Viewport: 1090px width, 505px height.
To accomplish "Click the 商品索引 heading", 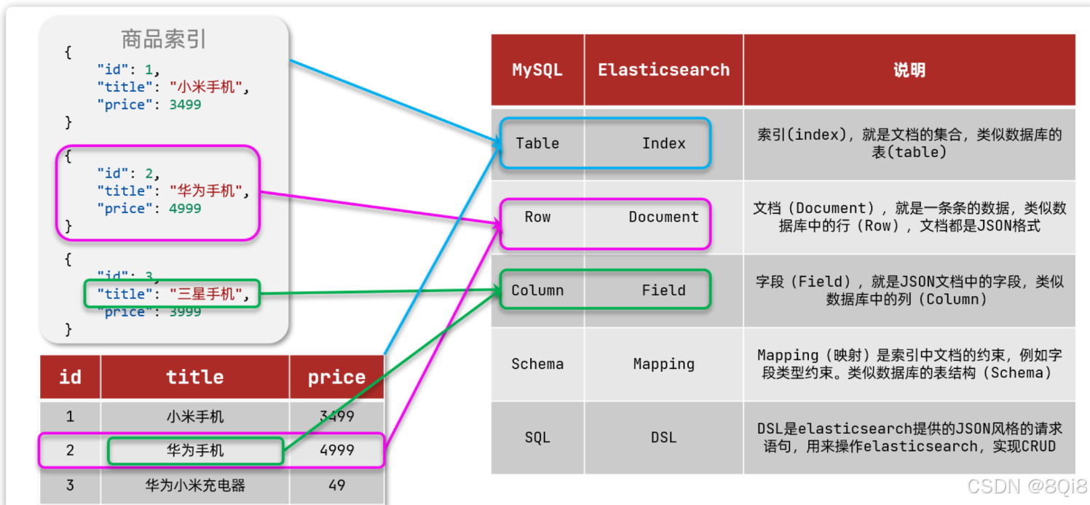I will click(x=164, y=39).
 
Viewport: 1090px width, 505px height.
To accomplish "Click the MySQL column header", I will click(x=537, y=70).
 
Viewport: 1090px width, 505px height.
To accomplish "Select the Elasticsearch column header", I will click(x=663, y=70).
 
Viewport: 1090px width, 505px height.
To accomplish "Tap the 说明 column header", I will click(x=909, y=70).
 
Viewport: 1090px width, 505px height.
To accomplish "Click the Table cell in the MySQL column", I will click(x=537, y=143).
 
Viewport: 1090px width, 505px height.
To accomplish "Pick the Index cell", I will click(x=663, y=143).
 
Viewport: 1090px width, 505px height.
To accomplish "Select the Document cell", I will click(x=663, y=217).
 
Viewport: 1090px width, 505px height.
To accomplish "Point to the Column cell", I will click(x=537, y=290).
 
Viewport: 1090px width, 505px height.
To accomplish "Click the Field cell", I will click(x=663, y=290).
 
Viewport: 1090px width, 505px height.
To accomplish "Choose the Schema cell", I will click(x=537, y=364).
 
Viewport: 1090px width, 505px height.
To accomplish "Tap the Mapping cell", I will click(x=663, y=364).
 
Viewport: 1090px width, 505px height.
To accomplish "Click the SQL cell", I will click(x=537, y=437).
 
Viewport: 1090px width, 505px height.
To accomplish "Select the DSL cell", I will click(x=663, y=437).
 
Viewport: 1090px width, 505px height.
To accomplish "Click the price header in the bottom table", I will click(x=336, y=377).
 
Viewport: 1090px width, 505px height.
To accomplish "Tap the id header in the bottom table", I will click(x=70, y=377).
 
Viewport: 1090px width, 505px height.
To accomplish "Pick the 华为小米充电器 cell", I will click(x=195, y=485).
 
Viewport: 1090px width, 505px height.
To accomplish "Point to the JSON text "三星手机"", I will click(x=207, y=294).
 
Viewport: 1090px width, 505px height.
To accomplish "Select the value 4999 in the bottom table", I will click(x=336, y=450).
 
